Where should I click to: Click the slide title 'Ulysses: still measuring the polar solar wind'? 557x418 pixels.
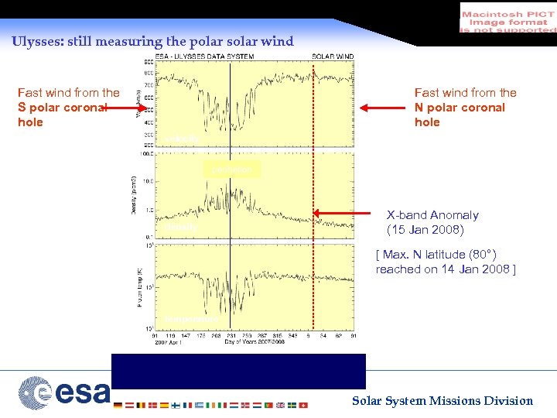(152, 41)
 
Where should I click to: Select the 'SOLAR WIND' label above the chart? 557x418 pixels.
(333, 57)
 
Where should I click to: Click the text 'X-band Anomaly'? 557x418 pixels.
(432, 215)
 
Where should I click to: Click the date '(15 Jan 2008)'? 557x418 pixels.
(425, 230)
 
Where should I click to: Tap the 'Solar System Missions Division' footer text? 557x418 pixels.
(443, 400)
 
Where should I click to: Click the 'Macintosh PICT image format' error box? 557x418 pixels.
(507, 19)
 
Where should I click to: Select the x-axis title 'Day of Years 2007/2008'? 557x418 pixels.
(256, 341)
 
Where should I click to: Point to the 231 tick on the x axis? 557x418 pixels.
(230, 335)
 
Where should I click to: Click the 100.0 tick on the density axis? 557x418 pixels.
(145, 153)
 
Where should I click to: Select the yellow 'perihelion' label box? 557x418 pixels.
(231, 169)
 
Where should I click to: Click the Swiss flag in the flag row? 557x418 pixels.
(302, 405)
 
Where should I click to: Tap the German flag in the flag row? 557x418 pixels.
(117, 405)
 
